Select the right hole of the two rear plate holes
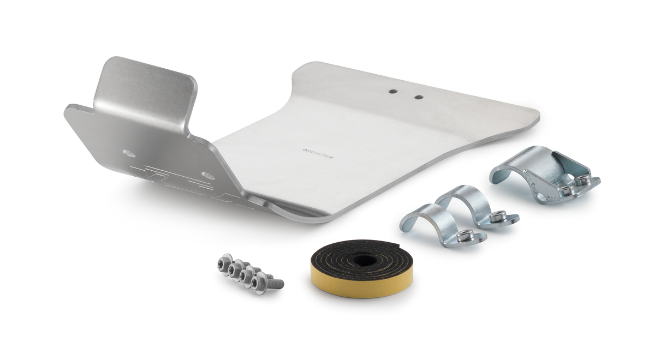click(418, 98)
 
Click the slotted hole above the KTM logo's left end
click(129, 153)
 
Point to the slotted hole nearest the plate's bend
click(207, 175)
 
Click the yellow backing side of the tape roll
click(349, 284)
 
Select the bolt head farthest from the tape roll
click(225, 260)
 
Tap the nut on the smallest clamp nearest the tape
click(465, 235)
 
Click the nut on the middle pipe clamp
click(497, 217)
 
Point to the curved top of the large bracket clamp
click(519, 158)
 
